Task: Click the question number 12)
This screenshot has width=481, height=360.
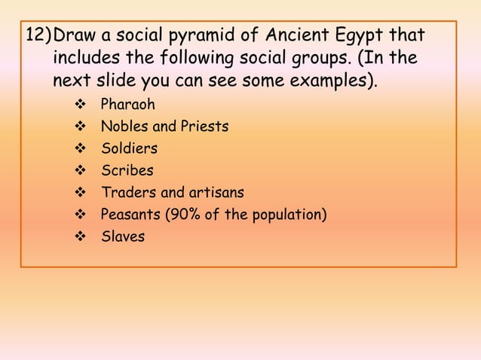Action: (38, 35)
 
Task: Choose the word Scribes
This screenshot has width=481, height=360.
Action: (127, 171)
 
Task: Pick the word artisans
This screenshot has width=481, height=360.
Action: (216, 193)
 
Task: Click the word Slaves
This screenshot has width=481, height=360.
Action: (123, 237)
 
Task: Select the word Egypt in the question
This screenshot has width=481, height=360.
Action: (368, 36)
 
